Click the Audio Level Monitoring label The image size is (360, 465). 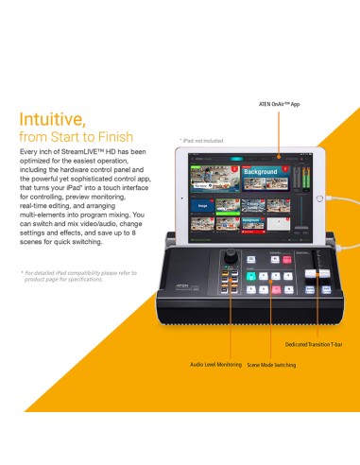[x=215, y=364]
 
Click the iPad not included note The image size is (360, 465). [x=199, y=141]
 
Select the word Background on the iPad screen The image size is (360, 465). [x=260, y=173]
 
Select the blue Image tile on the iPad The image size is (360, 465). [x=202, y=203]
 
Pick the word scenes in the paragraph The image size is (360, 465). [x=34, y=251]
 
